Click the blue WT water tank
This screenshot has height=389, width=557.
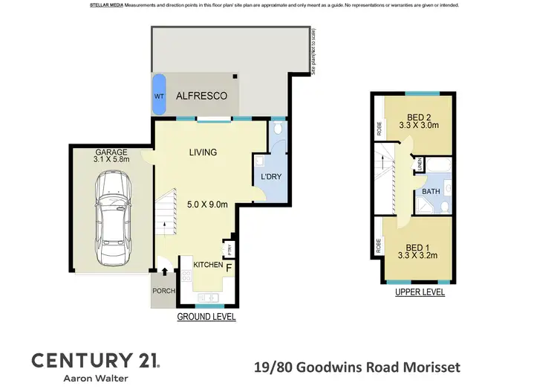click(x=159, y=97)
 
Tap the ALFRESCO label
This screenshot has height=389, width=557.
click(x=201, y=97)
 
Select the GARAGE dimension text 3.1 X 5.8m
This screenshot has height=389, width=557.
click(x=112, y=158)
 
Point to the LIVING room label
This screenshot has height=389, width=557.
click(x=202, y=152)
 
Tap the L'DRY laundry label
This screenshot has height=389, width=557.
click(x=270, y=177)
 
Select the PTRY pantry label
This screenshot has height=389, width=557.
click(x=229, y=249)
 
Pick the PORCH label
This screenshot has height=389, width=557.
click(x=163, y=291)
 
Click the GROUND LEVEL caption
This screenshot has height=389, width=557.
click(x=206, y=317)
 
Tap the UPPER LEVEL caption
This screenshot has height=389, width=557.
click(x=420, y=293)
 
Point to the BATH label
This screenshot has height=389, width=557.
click(x=431, y=192)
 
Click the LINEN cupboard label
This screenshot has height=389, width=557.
click(x=420, y=164)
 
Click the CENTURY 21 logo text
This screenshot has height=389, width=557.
click(x=95, y=361)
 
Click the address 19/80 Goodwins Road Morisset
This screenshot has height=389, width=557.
click(x=356, y=367)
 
